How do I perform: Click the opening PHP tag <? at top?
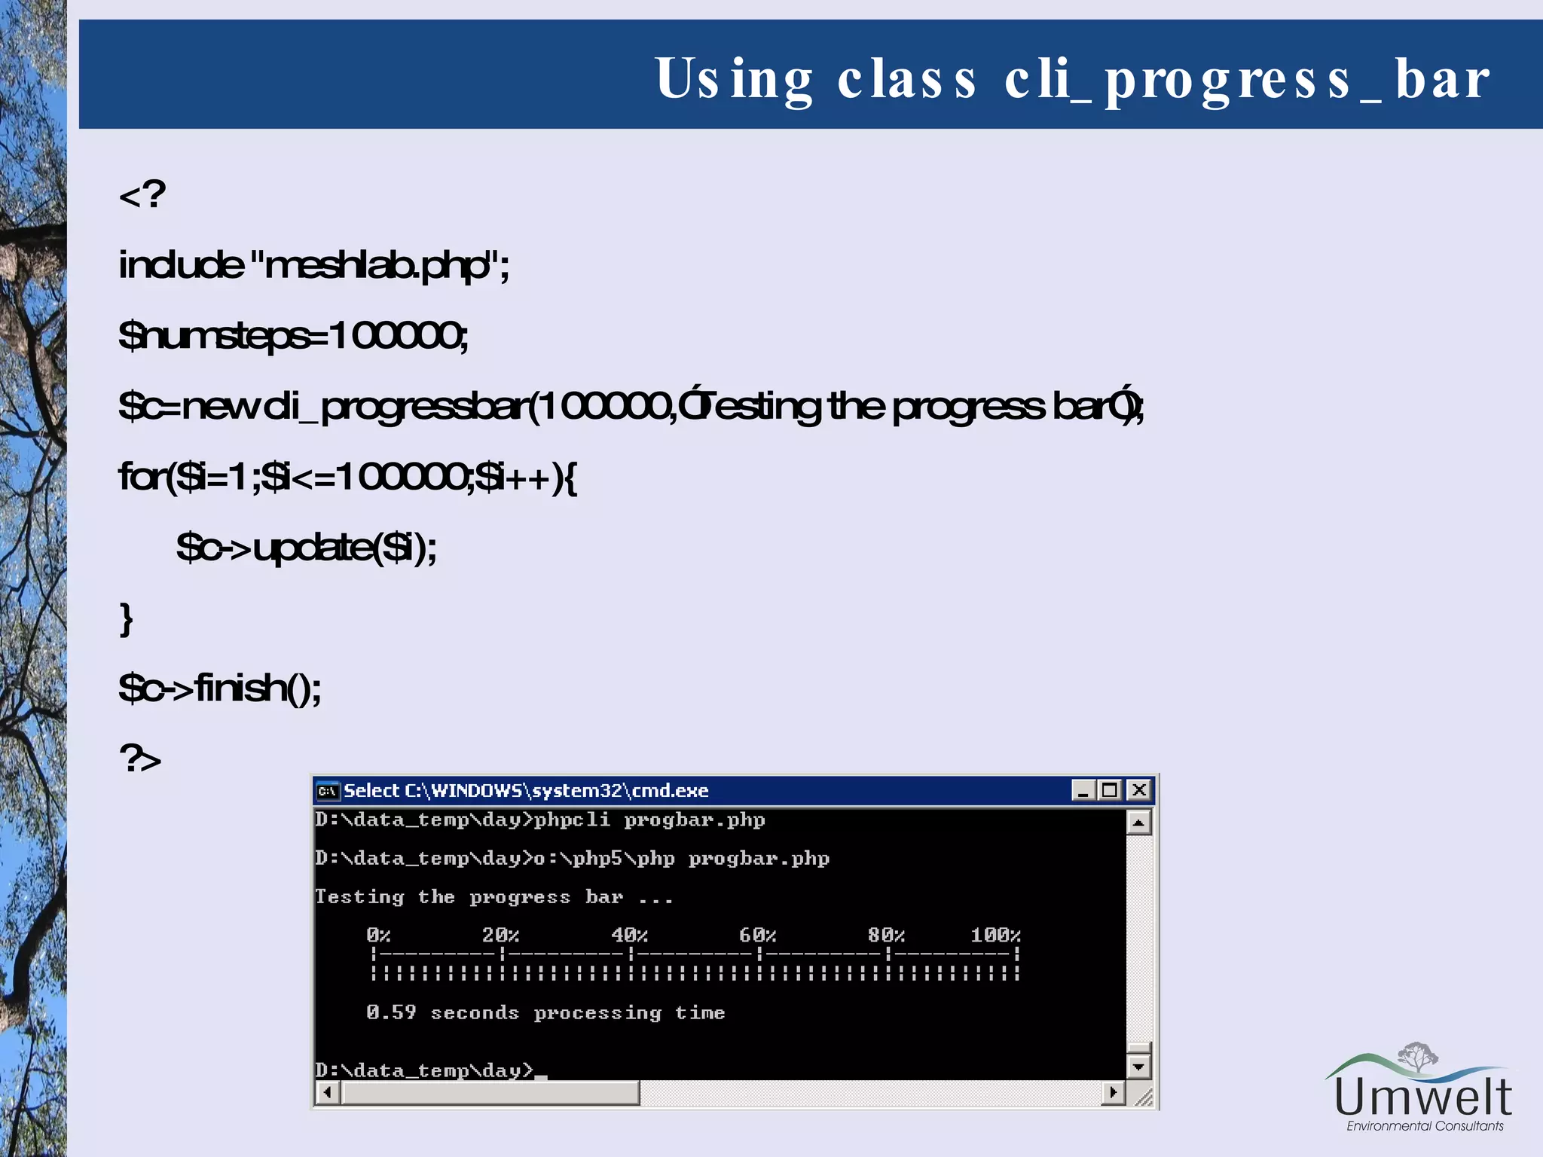click(142, 194)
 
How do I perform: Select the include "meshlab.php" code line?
click(314, 265)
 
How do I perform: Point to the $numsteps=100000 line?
click(293, 335)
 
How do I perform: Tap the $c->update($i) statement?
click(306, 548)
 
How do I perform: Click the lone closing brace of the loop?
click(127, 619)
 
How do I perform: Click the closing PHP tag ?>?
click(140, 758)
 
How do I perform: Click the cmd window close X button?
click(1139, 790)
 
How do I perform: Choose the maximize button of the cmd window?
click(1111, 790)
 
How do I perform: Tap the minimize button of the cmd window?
click(1083, 790)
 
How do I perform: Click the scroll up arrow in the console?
click(1138, 823)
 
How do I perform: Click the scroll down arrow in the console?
click(1138, 1067)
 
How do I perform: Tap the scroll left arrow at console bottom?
click(327, 1092)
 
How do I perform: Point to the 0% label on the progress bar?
click(378, 936)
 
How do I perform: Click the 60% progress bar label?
click(757, 936)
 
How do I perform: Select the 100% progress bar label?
click(995, 936)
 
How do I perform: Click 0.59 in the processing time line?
click(391, 1012)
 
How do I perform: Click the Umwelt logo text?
click(1423, 1097)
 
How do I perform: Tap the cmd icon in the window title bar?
click(328, 791)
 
